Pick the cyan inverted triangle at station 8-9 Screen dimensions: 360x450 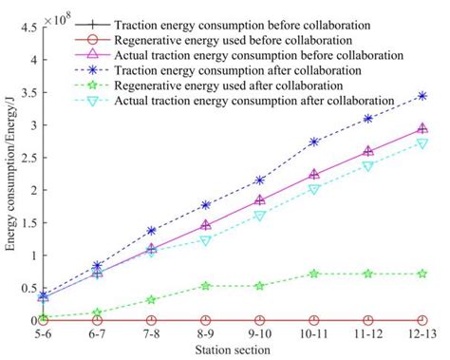pos(205,240)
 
